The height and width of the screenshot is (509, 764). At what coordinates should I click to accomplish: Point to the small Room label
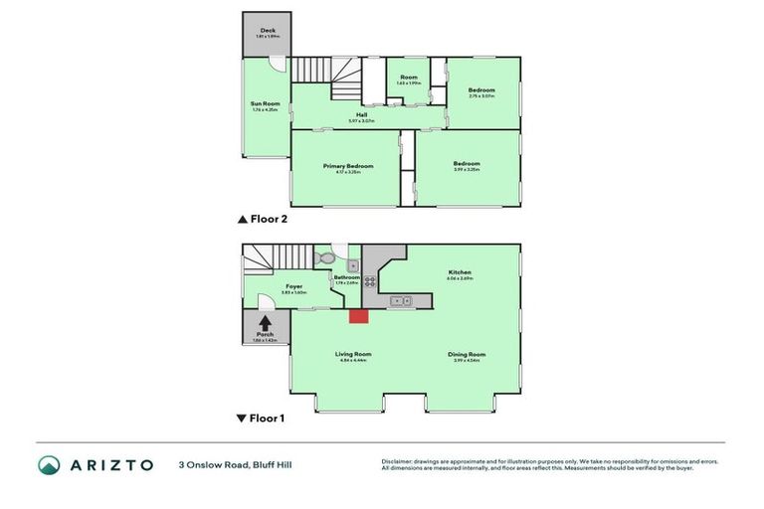[408, 77]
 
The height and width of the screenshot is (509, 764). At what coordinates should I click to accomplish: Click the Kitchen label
[460, 272]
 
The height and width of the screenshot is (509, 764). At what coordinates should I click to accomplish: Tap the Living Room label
[352, 354]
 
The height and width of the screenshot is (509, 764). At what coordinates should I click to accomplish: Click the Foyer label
[293, 286]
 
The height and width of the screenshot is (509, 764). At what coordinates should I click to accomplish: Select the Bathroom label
[346, 277]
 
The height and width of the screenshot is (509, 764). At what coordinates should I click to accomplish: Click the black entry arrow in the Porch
[266, 322]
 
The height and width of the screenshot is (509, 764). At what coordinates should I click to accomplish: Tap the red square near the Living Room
[358, 315]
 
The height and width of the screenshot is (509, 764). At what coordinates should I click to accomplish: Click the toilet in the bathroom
[324, 258]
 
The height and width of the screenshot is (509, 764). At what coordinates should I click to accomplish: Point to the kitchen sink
[400, 299]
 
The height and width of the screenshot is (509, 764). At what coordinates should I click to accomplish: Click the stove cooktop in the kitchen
[369, 281]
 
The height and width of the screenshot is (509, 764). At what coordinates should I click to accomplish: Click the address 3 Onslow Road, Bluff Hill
[236, 464]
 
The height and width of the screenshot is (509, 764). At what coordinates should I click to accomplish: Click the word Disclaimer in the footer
[398, 461]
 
